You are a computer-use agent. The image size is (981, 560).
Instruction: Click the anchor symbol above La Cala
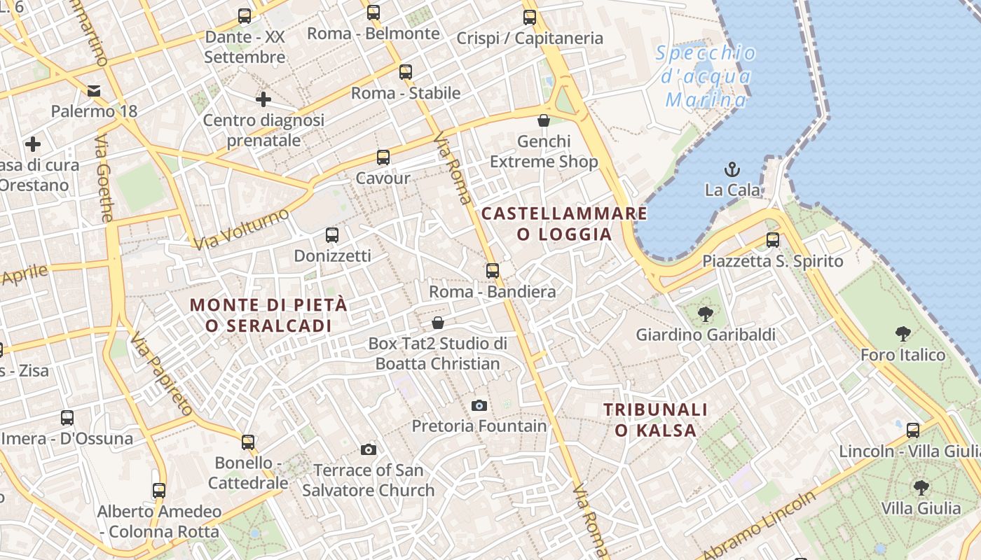pos(732,169)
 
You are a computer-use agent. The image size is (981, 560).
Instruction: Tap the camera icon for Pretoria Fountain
pos(479,405)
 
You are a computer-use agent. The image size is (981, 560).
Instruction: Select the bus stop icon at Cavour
pos(383,157)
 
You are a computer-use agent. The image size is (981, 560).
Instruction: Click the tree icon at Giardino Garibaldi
pos(705,314)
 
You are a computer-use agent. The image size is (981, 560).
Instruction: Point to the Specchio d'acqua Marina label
pos(706,76)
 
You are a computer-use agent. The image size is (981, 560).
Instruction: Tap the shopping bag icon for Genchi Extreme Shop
pos(543,120)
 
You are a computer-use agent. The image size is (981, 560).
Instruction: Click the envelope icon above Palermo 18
pos(94,90)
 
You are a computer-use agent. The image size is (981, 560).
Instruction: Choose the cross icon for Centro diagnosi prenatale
pos(263,99)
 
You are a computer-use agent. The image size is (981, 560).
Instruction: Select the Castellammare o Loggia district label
pos(564,223)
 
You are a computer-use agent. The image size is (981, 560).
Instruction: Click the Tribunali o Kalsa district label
pos(656,419)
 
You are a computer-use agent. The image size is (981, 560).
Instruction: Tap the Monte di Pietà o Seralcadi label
pos(268,315)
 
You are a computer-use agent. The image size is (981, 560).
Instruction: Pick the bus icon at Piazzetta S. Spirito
pos(773,240)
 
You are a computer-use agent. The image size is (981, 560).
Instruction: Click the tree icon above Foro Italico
pos(903,334)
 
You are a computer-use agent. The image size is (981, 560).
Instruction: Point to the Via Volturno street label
pos(242,228)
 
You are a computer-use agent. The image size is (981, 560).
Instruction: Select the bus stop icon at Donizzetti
pos(332,235)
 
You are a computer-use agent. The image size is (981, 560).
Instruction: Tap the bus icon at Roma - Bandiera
pos(493,271)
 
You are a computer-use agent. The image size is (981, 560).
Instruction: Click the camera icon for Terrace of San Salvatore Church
pos(369,449)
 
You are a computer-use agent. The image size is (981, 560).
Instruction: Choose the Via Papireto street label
pos(162,374)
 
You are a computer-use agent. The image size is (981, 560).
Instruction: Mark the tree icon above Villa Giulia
pos(921,487)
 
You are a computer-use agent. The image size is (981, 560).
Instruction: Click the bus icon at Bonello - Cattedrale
pos(248,442)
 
